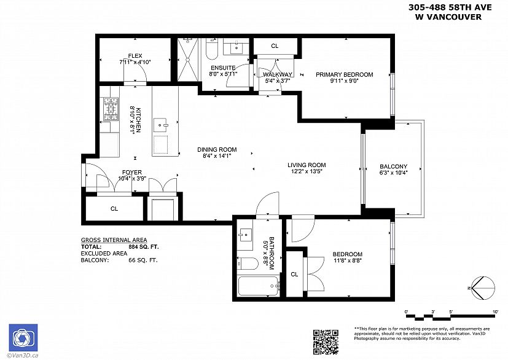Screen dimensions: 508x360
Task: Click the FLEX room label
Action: [x=135, y=56]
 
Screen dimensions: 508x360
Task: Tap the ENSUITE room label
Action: [x=223, y=68]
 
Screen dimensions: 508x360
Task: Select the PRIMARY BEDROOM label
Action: [x=345, y=74]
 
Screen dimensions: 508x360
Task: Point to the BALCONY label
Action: [x=394, y=166]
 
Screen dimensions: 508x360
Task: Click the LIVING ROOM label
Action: [x=307, y=165]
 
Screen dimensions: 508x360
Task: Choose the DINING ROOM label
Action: [x=217, y=149]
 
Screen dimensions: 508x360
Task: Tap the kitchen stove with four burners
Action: [x=111, y=109]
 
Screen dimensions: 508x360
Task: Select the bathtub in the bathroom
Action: [x=258, y=286]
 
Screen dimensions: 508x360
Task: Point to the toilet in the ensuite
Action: [x=212, y=49]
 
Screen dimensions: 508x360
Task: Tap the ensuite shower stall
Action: [x=187, y=60]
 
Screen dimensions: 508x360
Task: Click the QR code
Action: [x=326, y=342]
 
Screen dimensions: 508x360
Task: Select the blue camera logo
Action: [x=23, y=338]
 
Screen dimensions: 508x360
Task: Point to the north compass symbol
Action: [x=483, y=288]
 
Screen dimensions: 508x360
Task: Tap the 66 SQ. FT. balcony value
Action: [x=143, y=260]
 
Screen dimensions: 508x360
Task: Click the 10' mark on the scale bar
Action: [x=495, y=311]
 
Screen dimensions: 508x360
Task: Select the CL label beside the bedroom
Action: [x=294, y=275]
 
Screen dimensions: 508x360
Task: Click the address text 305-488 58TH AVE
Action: [x=450, y=7]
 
